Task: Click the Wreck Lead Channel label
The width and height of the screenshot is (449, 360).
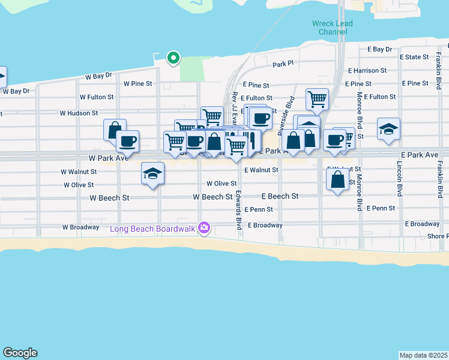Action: click(x=332, y=28)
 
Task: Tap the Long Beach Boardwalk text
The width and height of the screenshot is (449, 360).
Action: click(x=154, y=229)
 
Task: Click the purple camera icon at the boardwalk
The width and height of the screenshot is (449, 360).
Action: click(x=205, y=228)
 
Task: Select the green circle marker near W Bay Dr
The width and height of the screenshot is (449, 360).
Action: click(x=173, y=58)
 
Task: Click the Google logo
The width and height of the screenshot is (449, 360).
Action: click(x=20, y=353)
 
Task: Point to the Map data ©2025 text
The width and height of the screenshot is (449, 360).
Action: click(x=423, y=355)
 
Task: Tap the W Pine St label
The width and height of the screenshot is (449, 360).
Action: click(x=138, y=84)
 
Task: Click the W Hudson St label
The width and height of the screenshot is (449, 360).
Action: click(x=79, y=113)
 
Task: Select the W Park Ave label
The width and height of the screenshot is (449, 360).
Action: click(x=108, y=158)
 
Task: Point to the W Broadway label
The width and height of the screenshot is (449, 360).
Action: click(x=80, y=227)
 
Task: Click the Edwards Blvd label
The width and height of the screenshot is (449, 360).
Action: click(x=238, y=210)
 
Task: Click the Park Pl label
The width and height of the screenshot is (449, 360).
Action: click(x=283, y=64)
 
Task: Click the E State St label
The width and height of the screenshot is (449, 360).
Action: click(x=414, y=57)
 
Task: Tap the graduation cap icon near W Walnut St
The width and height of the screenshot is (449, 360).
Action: click(x=152, y=174)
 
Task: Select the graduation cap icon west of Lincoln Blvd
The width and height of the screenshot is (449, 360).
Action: click(x=388, y=129)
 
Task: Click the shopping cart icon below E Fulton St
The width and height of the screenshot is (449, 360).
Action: click(x=316, y=98)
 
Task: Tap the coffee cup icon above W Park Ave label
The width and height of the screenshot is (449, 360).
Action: click(x=127, y=142)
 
